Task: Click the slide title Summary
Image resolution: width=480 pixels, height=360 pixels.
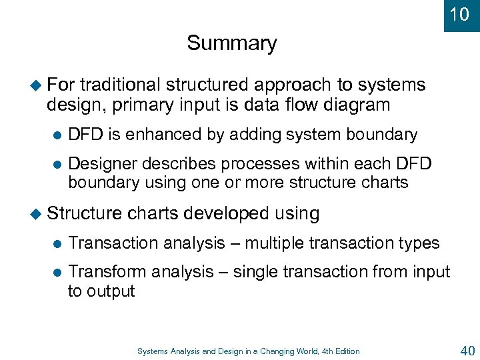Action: (231, 43)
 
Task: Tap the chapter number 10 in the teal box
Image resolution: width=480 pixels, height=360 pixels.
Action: (459, 14)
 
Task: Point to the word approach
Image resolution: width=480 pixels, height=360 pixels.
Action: (289, 85)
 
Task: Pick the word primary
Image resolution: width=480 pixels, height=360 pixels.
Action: (138, 105)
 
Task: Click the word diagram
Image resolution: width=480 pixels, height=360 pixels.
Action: (357, 105)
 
